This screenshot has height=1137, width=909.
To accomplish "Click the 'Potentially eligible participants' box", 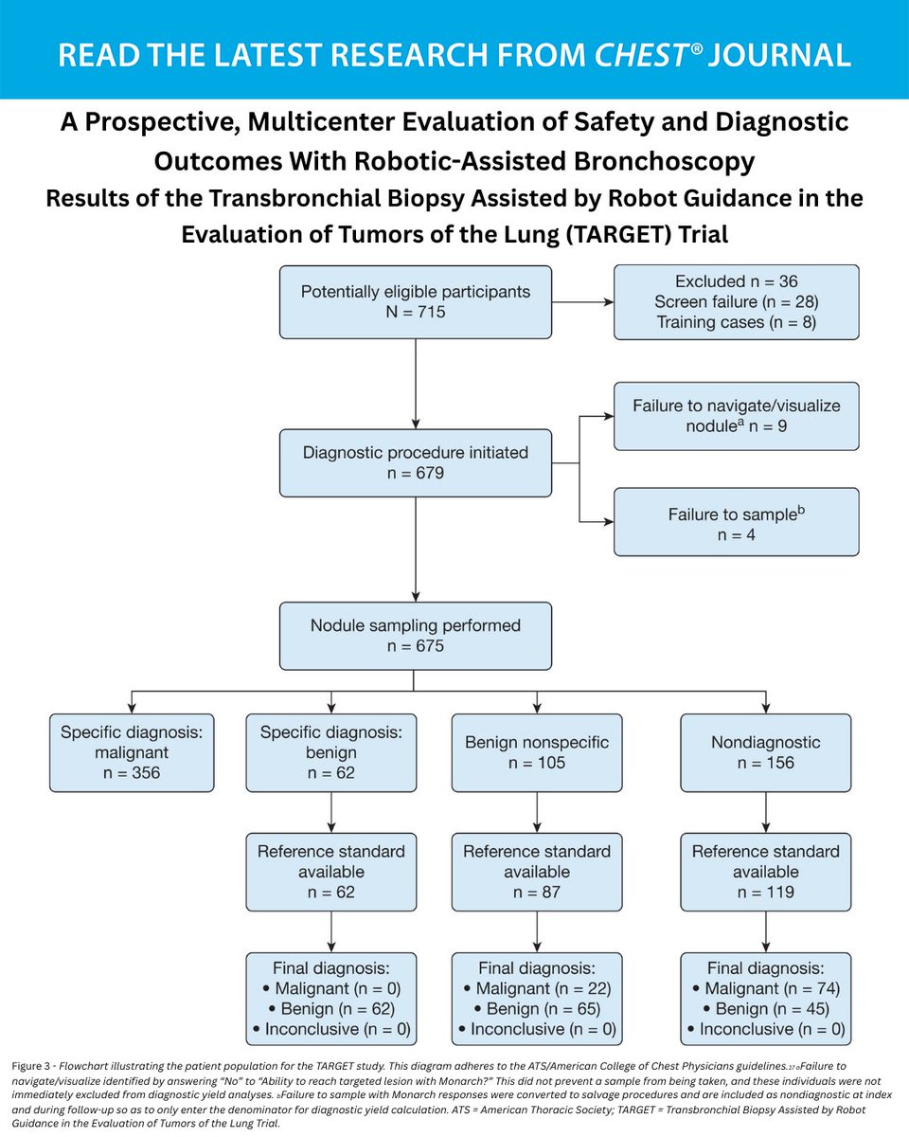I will (x=415, y=302).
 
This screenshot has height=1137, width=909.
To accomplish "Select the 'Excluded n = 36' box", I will (x=736, y=302).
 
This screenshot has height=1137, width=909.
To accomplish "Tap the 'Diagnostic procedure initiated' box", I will (x=415, y=462).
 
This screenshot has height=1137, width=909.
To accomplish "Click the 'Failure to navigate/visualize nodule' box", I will (x=736, y=416).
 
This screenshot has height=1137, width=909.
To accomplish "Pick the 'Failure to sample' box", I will (x=736, y=522).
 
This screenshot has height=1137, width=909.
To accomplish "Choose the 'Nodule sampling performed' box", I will (x=415, y=636).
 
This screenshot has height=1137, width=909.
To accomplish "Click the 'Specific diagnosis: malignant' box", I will (x=132, y=752).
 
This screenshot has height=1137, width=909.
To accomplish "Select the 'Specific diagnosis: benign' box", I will (x=330, y=752).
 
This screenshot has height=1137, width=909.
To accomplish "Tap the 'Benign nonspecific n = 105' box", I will (x=537, y=752).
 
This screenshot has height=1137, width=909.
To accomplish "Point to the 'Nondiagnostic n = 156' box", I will (x=765, y=752).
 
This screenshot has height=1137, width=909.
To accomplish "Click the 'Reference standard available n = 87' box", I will (x=537, y=872).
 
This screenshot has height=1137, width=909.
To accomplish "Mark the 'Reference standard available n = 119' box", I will (x=765, y=872).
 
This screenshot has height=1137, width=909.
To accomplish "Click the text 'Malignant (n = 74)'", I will (x=772, y=989).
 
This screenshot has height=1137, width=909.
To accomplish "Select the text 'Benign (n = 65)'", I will (x=543, y=1009).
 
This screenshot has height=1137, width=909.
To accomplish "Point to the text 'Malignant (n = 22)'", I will (x=543, y=989).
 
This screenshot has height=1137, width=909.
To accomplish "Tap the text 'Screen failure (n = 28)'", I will (x=736, y=301).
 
